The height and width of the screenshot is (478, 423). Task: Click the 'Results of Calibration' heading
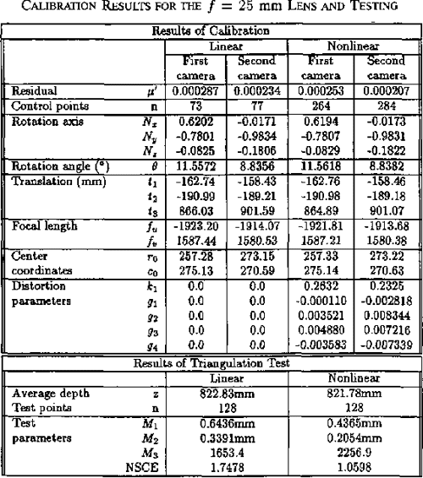coord(211,31)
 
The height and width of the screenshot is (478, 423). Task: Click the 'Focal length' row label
coord(35,229)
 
